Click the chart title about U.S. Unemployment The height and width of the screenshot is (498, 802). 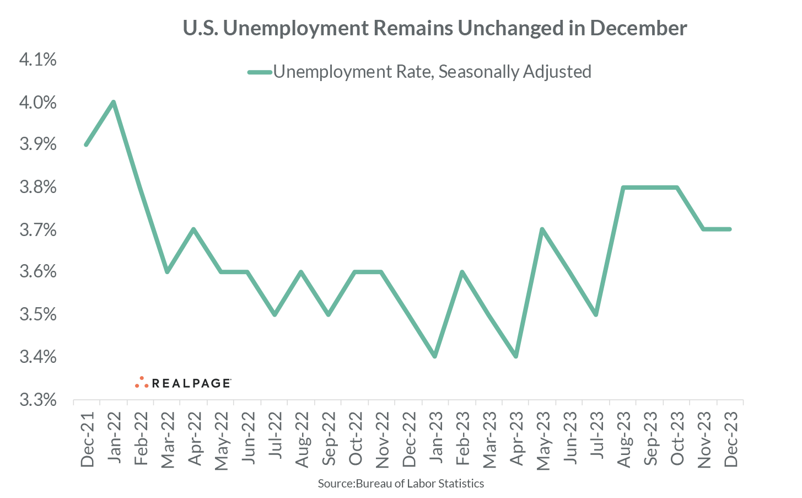click(x=434, y=28)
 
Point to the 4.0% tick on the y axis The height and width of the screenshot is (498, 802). click(x=38, y=103)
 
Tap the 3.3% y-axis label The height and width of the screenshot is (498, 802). click(x=38, y=399)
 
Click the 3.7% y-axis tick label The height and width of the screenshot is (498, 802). click(x=38, y=229)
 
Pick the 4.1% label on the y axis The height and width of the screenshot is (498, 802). click(x=38, y=60)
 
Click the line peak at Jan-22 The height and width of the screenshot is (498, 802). click(x=113, y=102)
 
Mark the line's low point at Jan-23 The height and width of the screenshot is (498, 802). click(x=435, y=356)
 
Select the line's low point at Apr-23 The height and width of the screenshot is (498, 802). click(x=515, y=356)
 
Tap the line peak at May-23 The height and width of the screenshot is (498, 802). click(x=542, y=229)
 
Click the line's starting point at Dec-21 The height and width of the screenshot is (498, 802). click(x=86, y=144)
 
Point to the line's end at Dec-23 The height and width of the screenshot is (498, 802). click(x=730, y=229)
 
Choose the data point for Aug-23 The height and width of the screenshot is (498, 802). click(x=623, y=187)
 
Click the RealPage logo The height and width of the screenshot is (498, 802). click(x=182, y=383)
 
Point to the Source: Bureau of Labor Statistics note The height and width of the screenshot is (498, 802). click(x=401, y=484)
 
